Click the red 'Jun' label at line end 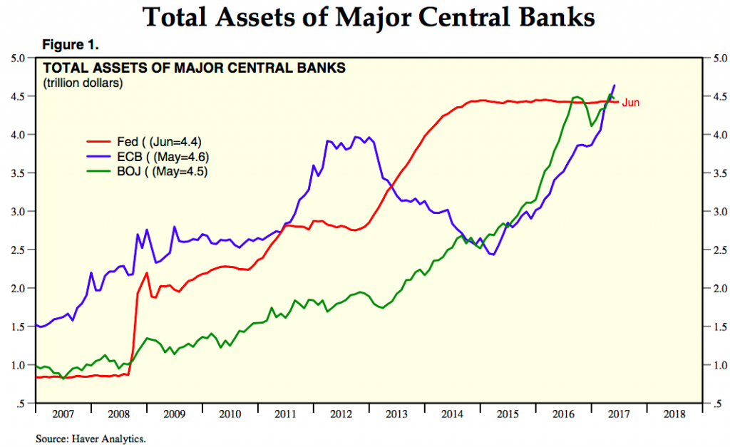[631, 103]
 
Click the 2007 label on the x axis [63, 413]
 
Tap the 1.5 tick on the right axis [713, 327]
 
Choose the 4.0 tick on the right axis [713, 135]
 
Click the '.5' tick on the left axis [21, 404]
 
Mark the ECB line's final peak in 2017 [615, 86]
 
